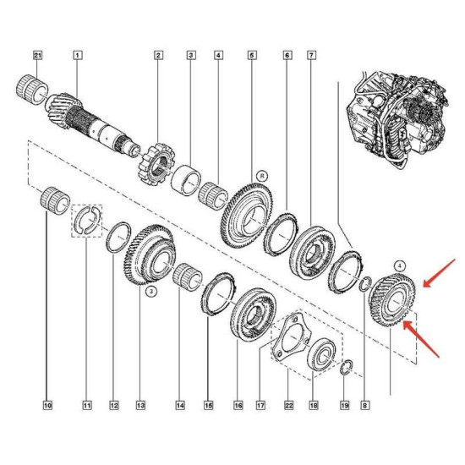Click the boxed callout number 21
(x=38, y=55)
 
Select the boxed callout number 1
(x=78, y=55)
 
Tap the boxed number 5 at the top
(x=252, y=55)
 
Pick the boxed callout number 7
(x=311, y=55)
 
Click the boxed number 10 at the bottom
(x=47, y=405)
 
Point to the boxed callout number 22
(x=289, y=405)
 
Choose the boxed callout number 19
(x=345, y=405)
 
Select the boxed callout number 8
(x=365, y=405)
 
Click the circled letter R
(x=262, y=176)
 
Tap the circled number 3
(x=151, y=292)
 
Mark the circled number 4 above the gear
(x=400, y=266)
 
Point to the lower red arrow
(x=421, y=339)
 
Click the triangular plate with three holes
(x=291, y=336)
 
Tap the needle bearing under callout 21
(x=32, y=90)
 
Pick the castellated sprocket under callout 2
(x=156, y=164)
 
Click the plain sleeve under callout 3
(x=186, y=180)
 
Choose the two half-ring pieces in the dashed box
(x=86, y=221)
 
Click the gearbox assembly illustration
(x=397, y=118)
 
